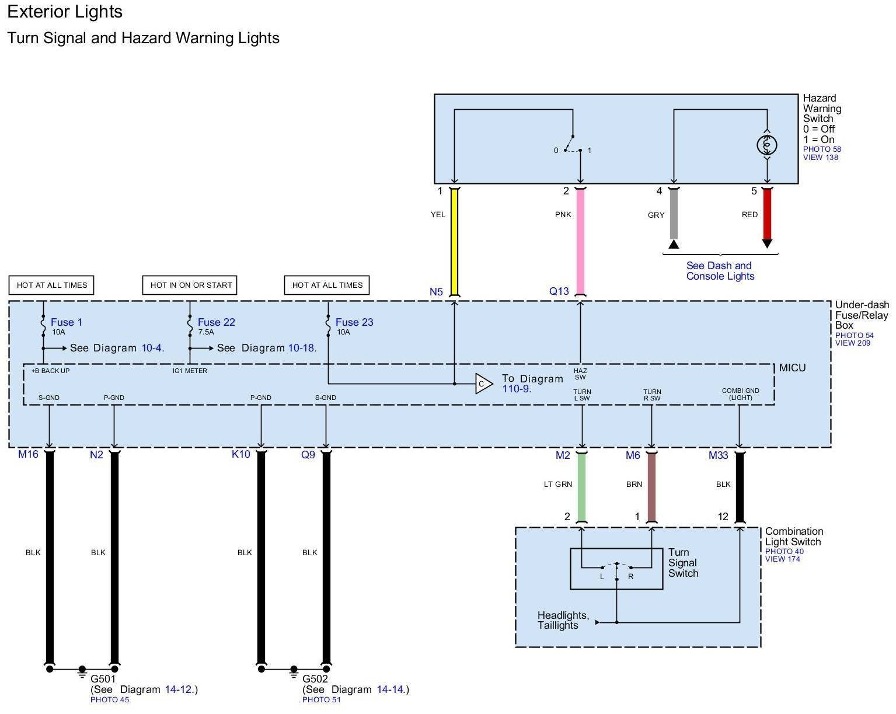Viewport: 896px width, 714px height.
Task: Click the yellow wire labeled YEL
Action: click(454, 242)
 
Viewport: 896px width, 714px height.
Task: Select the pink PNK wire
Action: click(580, 242)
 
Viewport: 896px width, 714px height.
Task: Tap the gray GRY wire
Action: click(674, 214)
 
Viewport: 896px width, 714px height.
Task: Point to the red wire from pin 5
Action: click(767, 214)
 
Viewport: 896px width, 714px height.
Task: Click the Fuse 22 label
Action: click(216, 322)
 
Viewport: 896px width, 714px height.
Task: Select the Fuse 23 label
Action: click(354, 322)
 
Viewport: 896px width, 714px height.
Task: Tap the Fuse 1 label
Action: click(67, 322)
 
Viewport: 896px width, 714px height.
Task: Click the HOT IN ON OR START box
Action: click(190, 285)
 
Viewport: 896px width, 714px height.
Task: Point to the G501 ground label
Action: click(103, 679)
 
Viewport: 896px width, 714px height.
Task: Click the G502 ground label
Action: click(315, 679)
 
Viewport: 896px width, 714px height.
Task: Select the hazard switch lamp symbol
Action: click(767, 145)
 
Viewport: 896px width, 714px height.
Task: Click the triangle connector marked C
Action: click(483, 384)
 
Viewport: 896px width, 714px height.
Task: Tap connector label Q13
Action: click(559, 291)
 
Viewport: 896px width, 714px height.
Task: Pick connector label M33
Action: click(718, 455)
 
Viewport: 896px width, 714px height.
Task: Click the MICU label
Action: click(792, 368)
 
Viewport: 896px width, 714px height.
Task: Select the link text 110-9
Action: click(517, 389)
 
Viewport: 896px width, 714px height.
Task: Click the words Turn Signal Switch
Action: click(683, 563)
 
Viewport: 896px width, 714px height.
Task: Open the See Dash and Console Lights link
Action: click(720, 271)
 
